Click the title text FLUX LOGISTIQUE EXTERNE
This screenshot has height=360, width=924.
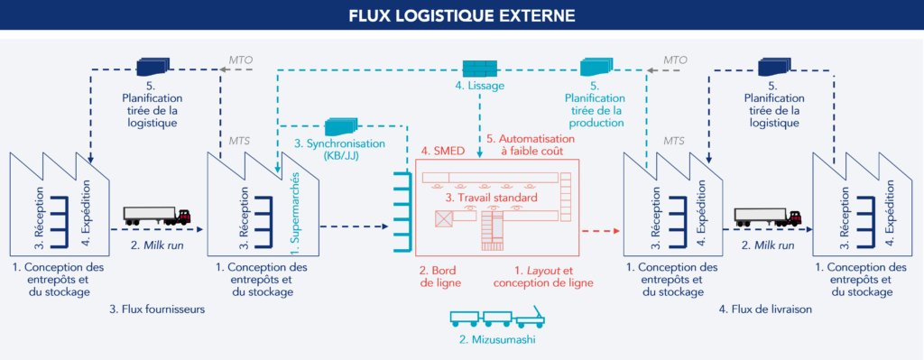(461, 16)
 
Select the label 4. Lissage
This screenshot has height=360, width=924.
(478, 87)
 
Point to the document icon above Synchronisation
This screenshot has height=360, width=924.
(338, 125)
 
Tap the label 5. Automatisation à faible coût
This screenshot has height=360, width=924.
(524, 145)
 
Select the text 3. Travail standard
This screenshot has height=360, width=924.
(493, 197)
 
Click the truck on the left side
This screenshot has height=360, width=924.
(156, 217)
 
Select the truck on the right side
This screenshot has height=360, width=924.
(768, 217)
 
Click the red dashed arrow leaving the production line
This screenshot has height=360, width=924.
(601, 231)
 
